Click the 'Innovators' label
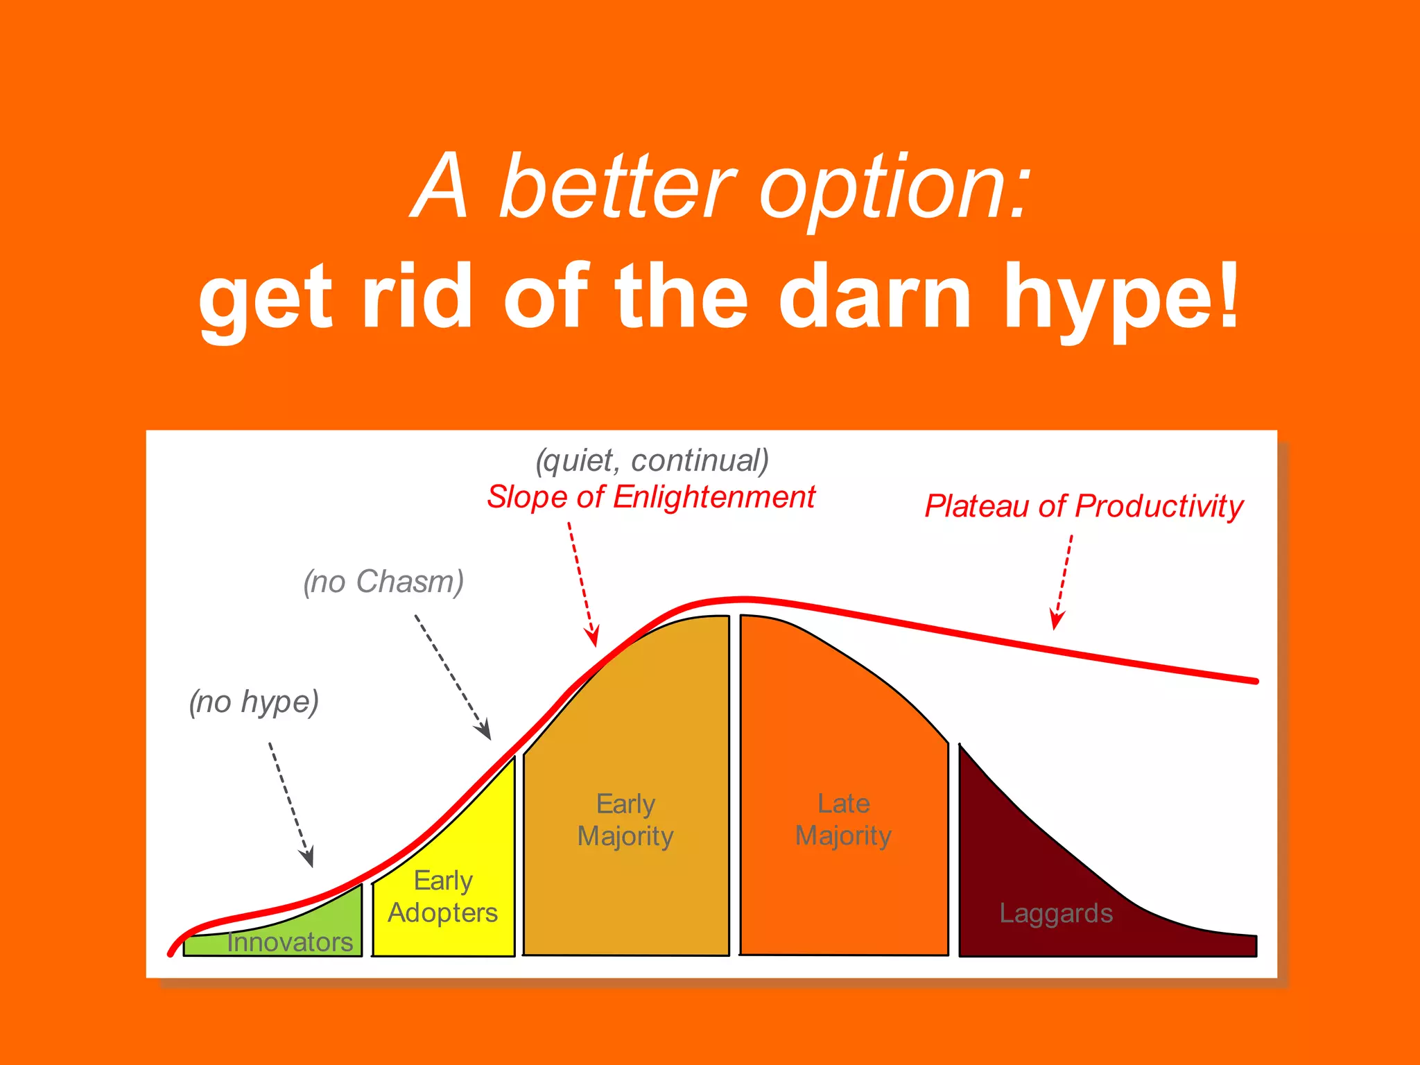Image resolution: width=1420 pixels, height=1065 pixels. pos(290,942)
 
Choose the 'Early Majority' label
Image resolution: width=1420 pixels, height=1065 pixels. pos(625,820)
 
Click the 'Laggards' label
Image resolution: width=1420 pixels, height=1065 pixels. pos(1056,913)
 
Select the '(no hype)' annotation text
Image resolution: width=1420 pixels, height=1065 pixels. pos(254,702)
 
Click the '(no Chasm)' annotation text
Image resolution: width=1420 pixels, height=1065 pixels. pos(383,581)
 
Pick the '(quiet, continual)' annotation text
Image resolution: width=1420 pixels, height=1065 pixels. pos(652,460)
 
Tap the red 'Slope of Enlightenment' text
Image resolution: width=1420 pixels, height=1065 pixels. pos(650,497)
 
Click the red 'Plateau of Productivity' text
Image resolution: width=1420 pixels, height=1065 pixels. pos(1084,506)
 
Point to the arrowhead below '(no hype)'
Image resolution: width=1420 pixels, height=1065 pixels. pos(308,858)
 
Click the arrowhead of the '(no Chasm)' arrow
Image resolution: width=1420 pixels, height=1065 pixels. pos(484,731)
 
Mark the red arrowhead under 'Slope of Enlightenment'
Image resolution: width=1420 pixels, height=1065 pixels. pos(592,636)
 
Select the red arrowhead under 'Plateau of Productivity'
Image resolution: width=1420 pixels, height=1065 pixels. pos(1056,620)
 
